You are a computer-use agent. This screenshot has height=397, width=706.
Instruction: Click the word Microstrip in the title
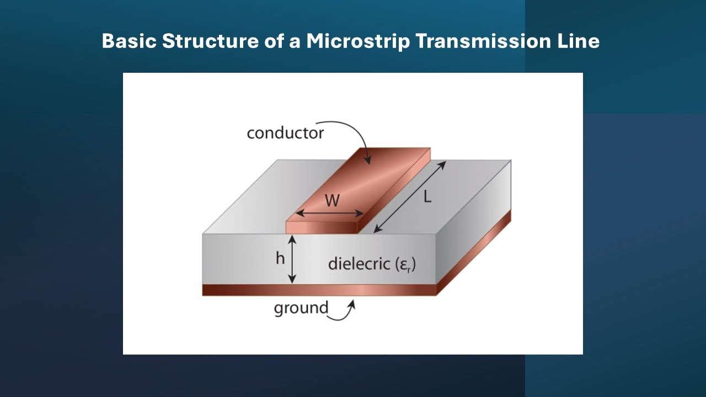click(x=358, y=41)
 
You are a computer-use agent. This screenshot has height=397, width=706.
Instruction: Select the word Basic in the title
click(x=129, y=41)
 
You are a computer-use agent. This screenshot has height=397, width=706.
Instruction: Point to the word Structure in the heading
click(x=210, y=41)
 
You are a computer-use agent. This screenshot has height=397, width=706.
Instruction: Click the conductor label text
click(x=285, y=133)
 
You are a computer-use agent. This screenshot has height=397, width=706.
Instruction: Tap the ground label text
click(x=301, y=308)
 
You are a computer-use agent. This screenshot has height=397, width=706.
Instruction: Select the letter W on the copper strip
click(x=332, y=200)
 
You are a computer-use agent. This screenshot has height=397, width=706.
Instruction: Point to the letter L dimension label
click(x=427, y=197)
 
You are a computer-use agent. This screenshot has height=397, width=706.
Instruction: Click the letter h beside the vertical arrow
click(x=280, y=259)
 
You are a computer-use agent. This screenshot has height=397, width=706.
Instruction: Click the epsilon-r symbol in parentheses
click(x=405, y=265)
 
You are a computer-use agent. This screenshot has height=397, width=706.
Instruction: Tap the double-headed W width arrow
click(x=330, y=213)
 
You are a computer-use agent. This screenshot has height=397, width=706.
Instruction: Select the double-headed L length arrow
click(x=410, y=197)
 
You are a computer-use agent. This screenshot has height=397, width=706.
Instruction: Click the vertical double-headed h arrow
click(x=292, y=259)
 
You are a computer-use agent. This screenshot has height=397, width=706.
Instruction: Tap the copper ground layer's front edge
click(x=319, y=290)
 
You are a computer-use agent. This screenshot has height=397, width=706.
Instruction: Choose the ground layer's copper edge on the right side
click(x=474, y=253)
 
